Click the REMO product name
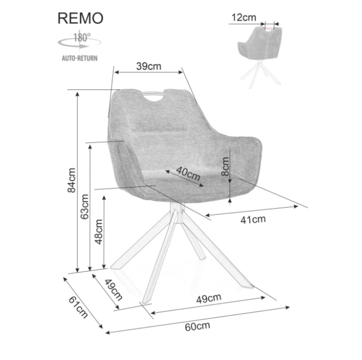point(80,18)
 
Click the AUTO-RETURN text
point(79,58)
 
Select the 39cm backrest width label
point(148,66)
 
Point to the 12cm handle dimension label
point(243,17)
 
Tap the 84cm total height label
point(72,180)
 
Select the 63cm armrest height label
point(84,207)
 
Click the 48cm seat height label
point(98,231)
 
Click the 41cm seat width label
point(253,219)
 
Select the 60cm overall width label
point(197,326)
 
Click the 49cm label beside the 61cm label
point(113,289)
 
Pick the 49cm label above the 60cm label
point(209,298)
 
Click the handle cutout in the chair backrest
point(155,96)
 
